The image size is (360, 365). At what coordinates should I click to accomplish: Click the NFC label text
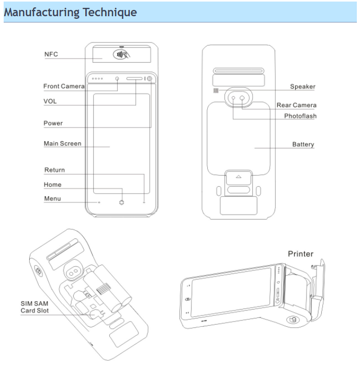51,54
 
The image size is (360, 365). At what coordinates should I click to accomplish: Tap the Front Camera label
63,86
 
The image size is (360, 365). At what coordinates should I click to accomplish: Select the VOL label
50,101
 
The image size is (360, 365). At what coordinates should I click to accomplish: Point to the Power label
53,123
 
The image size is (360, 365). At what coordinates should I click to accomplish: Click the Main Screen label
62,144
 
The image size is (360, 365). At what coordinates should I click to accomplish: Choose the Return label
54,170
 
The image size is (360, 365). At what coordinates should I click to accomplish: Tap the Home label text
52,185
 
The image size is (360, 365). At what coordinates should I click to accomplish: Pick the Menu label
52,199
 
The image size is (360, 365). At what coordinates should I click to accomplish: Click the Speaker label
302,87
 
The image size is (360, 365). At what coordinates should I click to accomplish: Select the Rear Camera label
296,105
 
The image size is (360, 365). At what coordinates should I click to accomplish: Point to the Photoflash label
300,116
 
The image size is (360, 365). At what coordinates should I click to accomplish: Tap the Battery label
303,144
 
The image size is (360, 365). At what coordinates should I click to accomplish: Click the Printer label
300,254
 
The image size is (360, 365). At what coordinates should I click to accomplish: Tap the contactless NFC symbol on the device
121,54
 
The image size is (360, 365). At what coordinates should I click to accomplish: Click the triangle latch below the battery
239,177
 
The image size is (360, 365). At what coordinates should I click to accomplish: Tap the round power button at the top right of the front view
150,79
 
